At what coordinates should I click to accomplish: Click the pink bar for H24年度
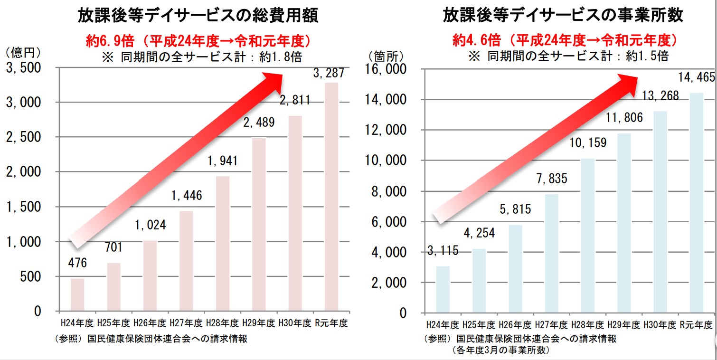[x=77, y=294]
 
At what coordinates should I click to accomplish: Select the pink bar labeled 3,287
[x=331, y=197]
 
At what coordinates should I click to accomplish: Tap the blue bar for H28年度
[x=588, y=236]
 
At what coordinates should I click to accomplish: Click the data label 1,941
[x=223, y=161]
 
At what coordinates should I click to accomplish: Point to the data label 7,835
[x=551, y=179]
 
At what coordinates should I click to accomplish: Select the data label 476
[x=77, y=263]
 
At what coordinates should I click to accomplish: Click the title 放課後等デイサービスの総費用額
[x=198, y=16]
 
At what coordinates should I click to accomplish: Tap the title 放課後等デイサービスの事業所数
[x=563, y=15]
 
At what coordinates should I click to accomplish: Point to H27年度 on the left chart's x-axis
[x=186, y=323]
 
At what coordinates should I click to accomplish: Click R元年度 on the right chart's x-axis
[x=696, y=325]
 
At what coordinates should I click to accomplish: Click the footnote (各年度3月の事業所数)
[x=500, y=351]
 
